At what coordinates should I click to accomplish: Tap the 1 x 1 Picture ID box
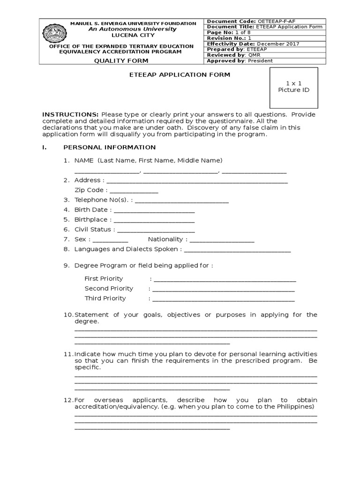coord(293,87)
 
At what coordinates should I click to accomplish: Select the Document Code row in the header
coord(264,22)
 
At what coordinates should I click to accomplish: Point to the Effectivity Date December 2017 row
coord(264,44)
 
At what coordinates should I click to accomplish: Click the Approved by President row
coord(264,61)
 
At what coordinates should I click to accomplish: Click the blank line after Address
coord(197,181)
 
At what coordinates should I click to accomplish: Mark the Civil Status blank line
coord(156,231)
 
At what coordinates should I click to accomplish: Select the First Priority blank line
coord(225,280)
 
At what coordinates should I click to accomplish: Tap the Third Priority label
coord(105,299)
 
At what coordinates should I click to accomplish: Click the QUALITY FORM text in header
coord(121,60)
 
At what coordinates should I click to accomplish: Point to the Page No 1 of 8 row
coord(264,33)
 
